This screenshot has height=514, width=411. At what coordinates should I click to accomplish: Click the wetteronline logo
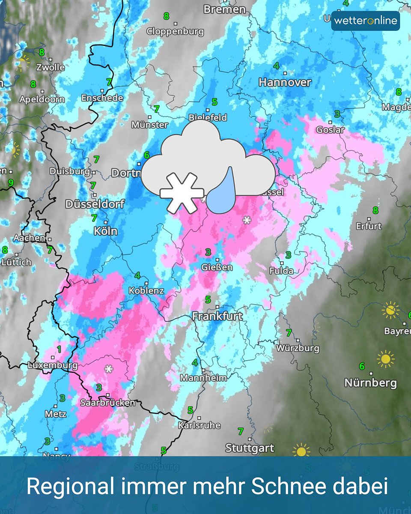pyautogui.click(x=365, y=21)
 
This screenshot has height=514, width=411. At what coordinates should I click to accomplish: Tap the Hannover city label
pyautogui.click(x=285, y=82)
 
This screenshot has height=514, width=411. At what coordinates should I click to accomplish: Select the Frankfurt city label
pyautogui.click(x=217, y=317)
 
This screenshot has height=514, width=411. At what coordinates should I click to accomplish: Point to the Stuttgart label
pyautogui.click(x=250, y=448)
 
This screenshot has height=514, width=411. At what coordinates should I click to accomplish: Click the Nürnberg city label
pyautogui.click(x=370, y=383)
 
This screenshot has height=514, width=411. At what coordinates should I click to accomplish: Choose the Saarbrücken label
pyautogui.click(x=108, y=403)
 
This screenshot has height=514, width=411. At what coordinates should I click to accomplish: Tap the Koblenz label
pyautogui.click(x=146, y=290)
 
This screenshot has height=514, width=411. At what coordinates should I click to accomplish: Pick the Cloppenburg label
pyautogui.click(x=175, y=31)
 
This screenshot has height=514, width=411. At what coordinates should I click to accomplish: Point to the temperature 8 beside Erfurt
pyautogui.click(x=375, y=210)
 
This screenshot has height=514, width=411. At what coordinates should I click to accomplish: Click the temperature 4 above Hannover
pyautogui.click(x=276, y=66)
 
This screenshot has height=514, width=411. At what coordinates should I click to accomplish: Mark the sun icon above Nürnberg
pyautogui.click(x=385, y=359)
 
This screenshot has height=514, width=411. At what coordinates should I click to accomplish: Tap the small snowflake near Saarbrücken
pyautogui.click(x=109, y=368)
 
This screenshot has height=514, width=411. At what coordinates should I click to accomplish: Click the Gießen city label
pyautogui.click(x=217, y=267)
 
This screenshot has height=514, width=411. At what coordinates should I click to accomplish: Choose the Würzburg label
pyautogui.click(x=298, y=348)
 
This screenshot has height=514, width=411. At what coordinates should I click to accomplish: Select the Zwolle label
pyautogui.click(x=51, y=67)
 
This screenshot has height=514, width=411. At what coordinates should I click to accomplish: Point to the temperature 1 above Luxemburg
pyautogui.click(x=59, y=349)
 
